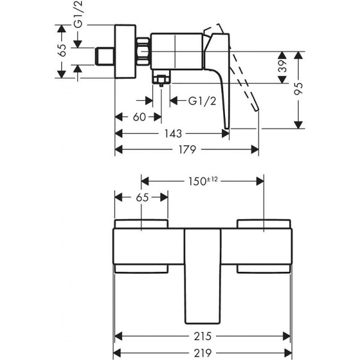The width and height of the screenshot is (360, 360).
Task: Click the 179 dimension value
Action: (x=187, y=149)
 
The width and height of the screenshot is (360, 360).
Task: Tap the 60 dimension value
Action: (x=139, y=118)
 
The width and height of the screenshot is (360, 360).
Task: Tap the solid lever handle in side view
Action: (x=222, y=90)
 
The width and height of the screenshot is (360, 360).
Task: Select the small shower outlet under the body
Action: (x=161, y=80)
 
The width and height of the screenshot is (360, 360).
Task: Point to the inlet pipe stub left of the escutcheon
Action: (x=104, y=57)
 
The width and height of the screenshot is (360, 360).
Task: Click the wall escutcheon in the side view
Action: (x=125, y=52)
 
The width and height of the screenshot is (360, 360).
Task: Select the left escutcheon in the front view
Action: (x=142, y=247)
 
